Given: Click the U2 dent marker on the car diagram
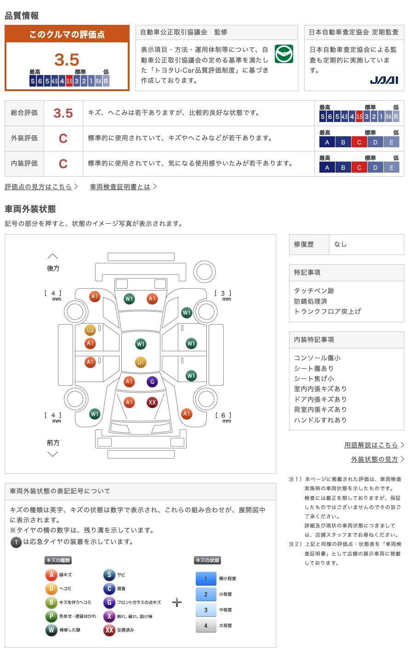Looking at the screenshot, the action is [x=90, y=330].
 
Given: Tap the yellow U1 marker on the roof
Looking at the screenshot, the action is [x=141, y=362].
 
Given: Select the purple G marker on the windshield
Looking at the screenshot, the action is [x=152, y=382].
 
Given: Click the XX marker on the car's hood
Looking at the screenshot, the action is [x=152, y=402].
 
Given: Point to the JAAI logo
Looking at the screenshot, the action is [x=384, y=80].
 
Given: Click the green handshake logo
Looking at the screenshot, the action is [x=284, y=54].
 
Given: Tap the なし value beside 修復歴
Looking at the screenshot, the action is [x=341, y=244].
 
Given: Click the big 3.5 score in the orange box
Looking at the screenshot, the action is [x=67, y=59].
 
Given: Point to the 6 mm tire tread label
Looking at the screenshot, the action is [x=223, y=417].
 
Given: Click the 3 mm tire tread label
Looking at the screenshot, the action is [x=223, y=295].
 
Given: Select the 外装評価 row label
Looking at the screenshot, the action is [x=24, y=138].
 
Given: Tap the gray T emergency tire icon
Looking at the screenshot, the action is [x=16, y=542].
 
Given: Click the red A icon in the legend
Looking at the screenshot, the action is [x=51, y=575].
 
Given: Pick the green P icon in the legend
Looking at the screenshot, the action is [x=51, y=616].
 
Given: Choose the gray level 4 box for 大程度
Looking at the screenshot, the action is [x=206, y=626].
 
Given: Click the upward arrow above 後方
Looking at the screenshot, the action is [x=53, y=256].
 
